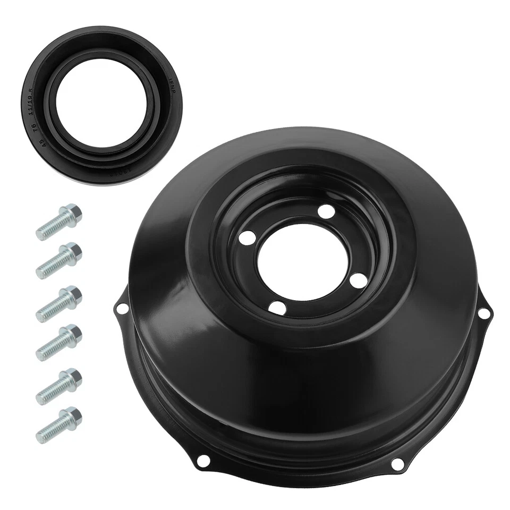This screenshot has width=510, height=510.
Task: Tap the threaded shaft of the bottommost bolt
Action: point(50,431)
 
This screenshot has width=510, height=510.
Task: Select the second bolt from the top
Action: point(59,259)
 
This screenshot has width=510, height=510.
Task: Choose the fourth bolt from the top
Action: point(59,342)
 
